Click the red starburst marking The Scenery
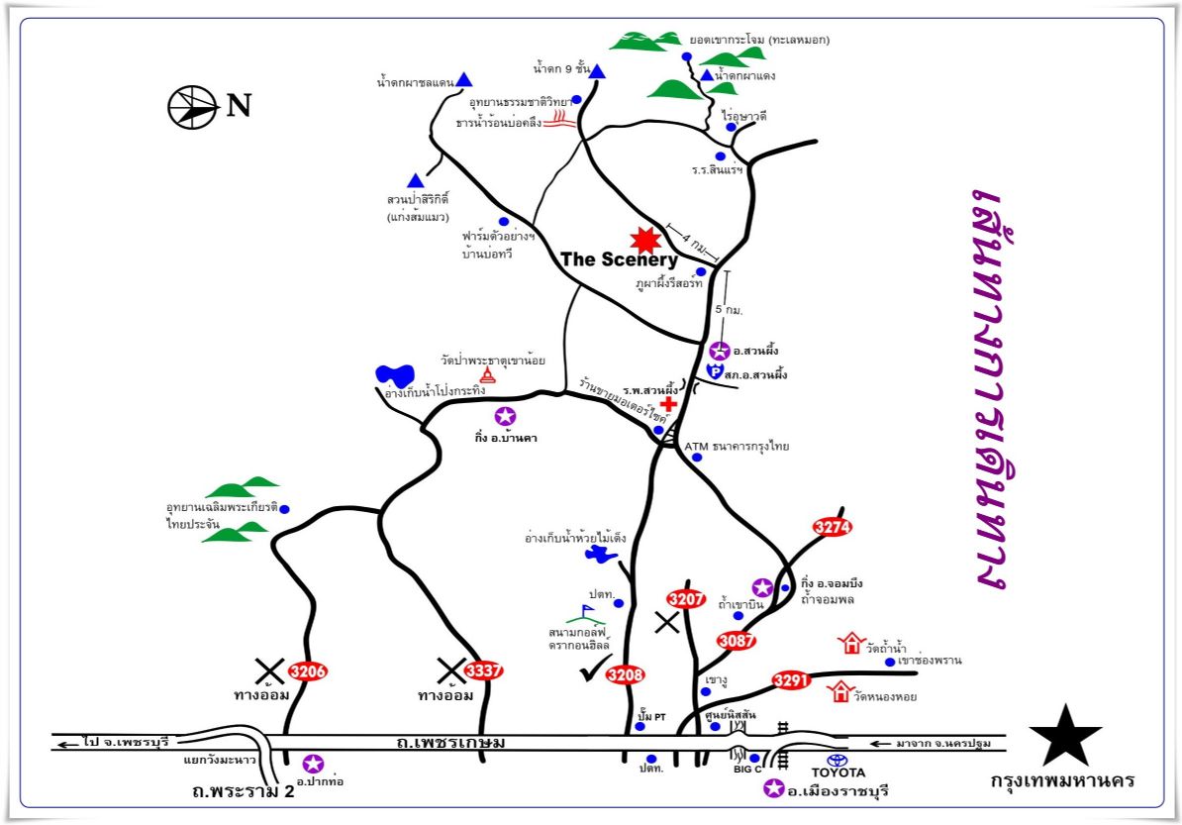[645, 239]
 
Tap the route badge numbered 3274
[832, 527]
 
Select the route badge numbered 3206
[307, 671]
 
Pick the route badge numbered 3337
[483, 671]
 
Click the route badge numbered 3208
[625, 675]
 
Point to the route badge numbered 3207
[686, 598]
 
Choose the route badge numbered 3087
[737, 640]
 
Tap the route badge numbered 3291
[791, 680]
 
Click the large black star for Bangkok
[1065, 736]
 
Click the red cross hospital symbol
[669, 403]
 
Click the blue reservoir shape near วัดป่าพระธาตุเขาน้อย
[395, 376]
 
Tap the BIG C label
[746, 768]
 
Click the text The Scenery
[619, 259]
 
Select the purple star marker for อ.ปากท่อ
[313, 764]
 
